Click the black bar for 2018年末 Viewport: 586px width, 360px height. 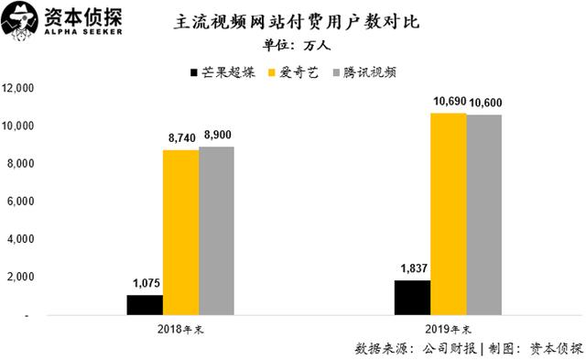[145, 305]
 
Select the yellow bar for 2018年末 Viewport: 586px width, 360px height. [180, 233]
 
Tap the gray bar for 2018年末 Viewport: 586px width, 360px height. [216, 231]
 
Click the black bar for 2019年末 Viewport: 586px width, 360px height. [413, 298]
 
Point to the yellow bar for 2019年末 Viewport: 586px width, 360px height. [449, 214]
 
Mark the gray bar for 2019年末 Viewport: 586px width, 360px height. [484, 215]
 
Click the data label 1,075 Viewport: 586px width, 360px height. [144, 283]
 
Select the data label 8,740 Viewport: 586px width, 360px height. [179, 137]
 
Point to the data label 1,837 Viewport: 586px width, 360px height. [414, 268]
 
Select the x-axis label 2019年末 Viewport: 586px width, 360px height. [449, 329]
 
